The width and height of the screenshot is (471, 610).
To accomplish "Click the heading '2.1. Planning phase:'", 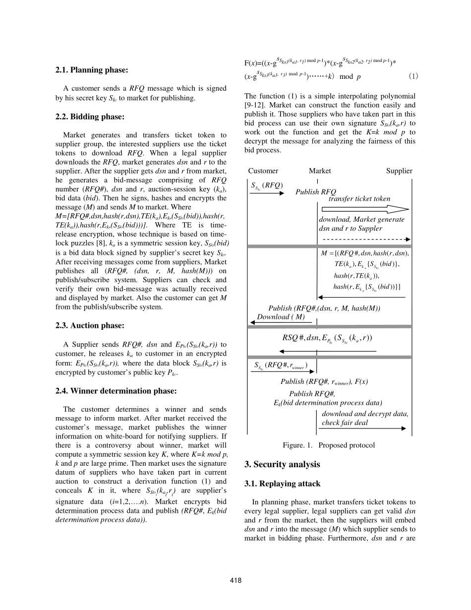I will [x=92, y=70].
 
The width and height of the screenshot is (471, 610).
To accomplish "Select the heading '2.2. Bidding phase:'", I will [x=90, y=117].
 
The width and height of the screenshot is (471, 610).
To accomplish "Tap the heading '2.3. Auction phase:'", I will [x=90, y=326].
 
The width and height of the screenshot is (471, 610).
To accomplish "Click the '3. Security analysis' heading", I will [x=282, y=464].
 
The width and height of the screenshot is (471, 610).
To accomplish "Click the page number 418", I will [x=235, y=580].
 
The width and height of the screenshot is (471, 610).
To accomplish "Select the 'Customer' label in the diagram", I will [x=263, y=171].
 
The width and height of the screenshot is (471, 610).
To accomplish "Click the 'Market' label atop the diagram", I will [x=320, y=171].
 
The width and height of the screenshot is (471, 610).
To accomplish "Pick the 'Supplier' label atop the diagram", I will [x=399, y=171].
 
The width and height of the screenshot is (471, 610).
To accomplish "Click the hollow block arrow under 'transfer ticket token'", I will [x=365, y=209].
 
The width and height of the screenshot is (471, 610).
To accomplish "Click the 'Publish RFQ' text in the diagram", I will [x=316, y=192].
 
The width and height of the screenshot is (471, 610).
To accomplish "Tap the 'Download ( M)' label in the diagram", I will [x=281, y=317].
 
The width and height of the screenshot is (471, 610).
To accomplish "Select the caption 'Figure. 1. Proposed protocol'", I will [x=329, y=445].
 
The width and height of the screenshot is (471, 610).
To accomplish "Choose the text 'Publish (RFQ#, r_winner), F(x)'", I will [x=324, y=381].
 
